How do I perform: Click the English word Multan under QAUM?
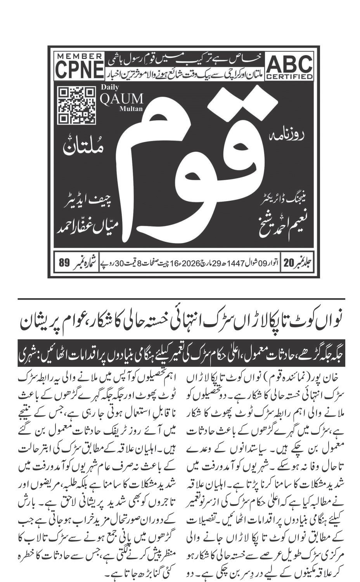(132, 109)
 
